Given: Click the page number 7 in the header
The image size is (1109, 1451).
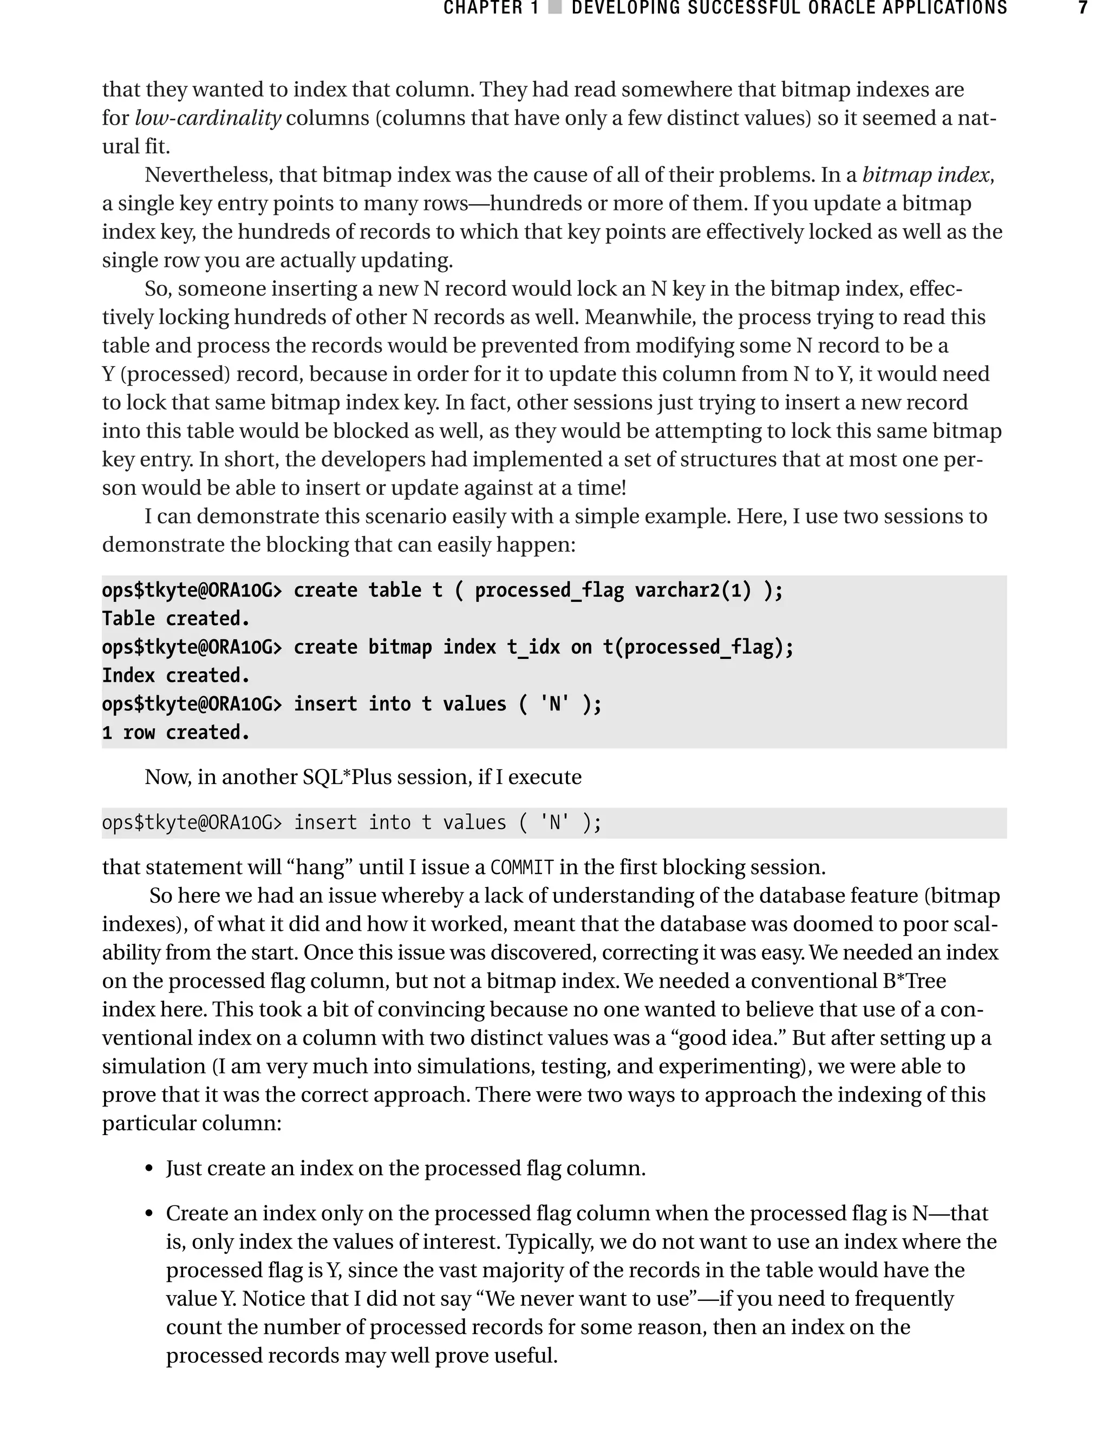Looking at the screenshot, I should click(1082, 9).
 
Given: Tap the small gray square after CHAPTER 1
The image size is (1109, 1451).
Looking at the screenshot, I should click(555, 9).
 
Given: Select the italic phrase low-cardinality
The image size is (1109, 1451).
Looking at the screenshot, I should click(208, 118).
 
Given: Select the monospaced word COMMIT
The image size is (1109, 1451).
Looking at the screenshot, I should click(522, 867).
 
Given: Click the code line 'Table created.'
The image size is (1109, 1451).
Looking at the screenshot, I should click(175, 619).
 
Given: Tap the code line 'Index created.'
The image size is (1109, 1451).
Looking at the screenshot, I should click(175, 676).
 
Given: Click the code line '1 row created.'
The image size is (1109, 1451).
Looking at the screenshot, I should click(175, 733).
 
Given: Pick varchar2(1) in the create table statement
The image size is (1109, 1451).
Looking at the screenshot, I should click(693, 591).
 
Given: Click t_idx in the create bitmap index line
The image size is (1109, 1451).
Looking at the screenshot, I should click(533, 647).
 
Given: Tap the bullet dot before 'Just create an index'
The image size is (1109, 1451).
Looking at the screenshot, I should click(149, 1170).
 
